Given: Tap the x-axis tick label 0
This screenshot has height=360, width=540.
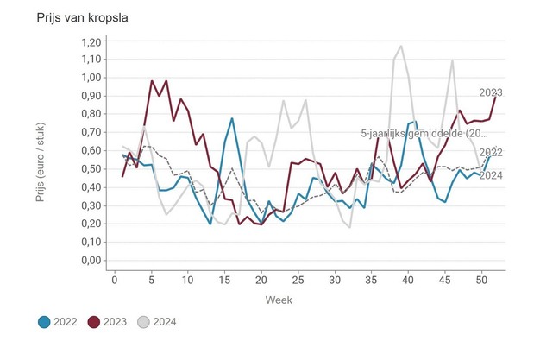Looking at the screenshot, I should (115, 279).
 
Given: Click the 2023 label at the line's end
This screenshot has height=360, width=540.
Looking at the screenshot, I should (491, 92).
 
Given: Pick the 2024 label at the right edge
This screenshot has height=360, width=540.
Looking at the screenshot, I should (491, 176).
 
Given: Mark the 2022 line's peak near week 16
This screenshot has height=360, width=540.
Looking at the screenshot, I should (232, 118).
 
